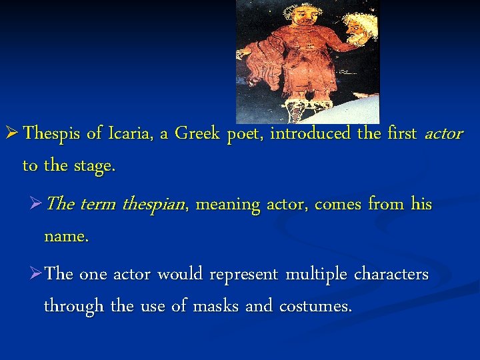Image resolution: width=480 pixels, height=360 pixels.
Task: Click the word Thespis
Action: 53,134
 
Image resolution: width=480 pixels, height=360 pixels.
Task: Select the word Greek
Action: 198,134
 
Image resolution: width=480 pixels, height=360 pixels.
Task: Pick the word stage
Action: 94,166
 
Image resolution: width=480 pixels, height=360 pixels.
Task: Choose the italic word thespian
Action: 155,205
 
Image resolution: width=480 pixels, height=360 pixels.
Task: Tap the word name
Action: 65,237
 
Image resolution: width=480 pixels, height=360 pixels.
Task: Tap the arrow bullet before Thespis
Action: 11,134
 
